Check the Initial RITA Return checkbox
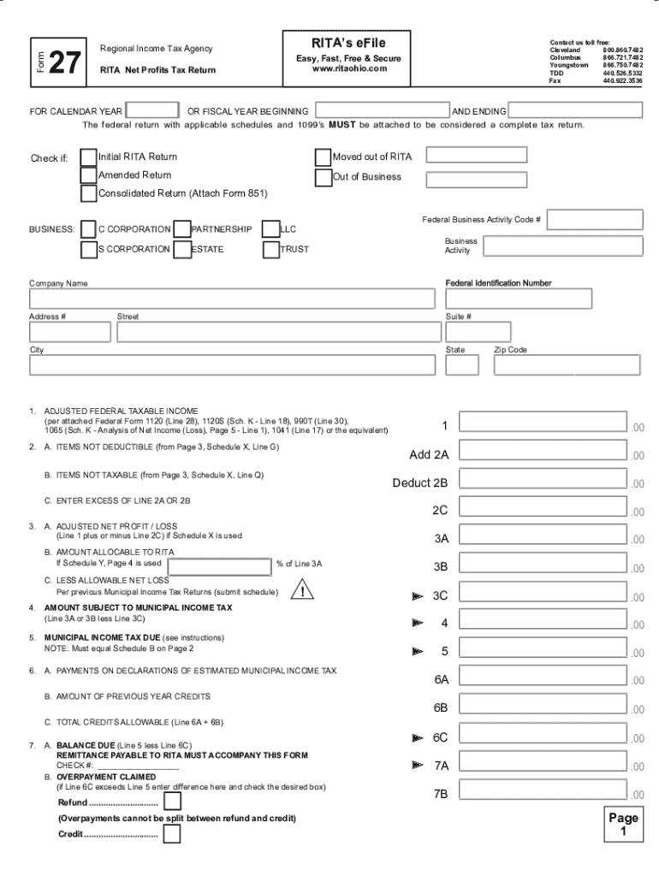click(x=88, y=157)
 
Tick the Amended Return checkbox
click(x=88, y=175)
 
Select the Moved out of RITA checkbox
click(x=323, y=157)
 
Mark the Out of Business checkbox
click(x=323, y=177)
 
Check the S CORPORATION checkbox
click(x=88, y=250)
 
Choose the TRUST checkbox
click(x=270, y=250)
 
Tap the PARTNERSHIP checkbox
click(x=181, y=229)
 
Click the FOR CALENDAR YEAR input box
click(x=152, y=111)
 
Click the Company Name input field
click(x=232, y=299)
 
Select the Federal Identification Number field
click(x=517, y=299)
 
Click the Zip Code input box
click(x=566, y=365)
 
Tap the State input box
click(x=462, y=365)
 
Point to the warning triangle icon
click(x=302, y=590)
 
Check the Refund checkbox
click(x=172, y=802)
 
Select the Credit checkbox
click(x=172, y=833)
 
